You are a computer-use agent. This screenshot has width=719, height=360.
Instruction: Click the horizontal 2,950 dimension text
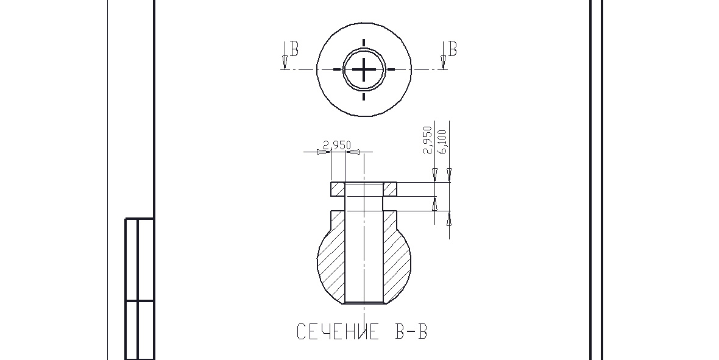(337, 146)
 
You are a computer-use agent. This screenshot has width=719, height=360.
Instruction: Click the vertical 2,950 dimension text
(428, 140)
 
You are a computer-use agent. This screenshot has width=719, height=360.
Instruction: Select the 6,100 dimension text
(442, 141)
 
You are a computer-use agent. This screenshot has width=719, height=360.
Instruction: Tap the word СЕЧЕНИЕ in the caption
(338, 331)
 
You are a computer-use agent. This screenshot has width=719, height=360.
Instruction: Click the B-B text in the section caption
(411, 331)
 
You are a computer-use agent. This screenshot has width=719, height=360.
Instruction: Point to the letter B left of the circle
(294, 49)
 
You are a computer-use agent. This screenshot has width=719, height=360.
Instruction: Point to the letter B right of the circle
(453, 49)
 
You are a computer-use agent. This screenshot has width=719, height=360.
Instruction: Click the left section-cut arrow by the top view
(285, 55)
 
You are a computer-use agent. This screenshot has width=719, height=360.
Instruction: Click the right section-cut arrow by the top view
(443, 55)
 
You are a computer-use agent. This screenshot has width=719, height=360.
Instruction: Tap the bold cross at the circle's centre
(364, 69)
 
